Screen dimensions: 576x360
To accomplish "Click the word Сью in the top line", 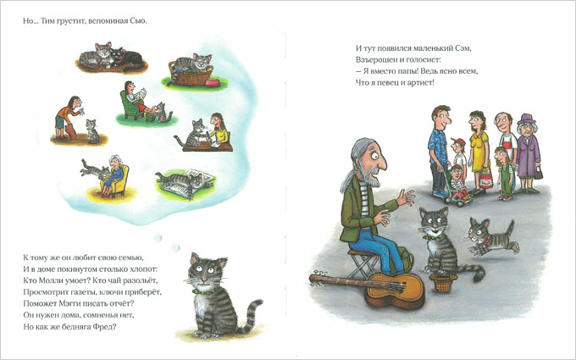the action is (138, 21).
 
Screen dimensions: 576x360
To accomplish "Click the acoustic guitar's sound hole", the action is (392, 286).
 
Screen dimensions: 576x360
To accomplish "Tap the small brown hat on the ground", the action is (443, 282).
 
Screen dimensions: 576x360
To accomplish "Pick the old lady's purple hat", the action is (526, 119).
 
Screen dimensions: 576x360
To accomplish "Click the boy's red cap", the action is (458, 141).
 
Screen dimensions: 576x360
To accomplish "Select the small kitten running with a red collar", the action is (490, 237).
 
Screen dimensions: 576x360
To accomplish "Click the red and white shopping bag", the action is (485, 178).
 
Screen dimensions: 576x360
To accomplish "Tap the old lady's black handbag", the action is (538, 173).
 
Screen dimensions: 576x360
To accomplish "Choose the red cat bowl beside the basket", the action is (213, 83).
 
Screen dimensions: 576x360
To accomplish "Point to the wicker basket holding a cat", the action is (191, 75).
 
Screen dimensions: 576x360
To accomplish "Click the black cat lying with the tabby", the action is (126, 58).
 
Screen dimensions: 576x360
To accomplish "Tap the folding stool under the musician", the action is (363, 263).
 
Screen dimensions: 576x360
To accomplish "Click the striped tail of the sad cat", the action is (252, 315).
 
